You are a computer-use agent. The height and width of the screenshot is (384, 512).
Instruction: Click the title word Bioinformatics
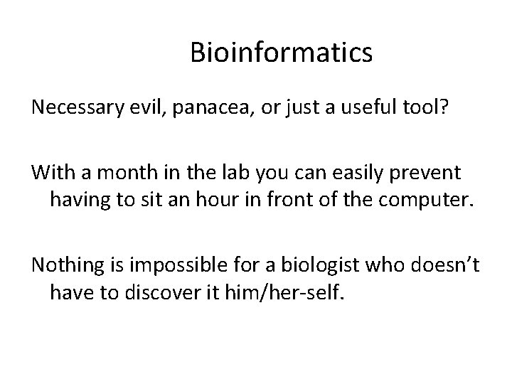[x=281, y=53]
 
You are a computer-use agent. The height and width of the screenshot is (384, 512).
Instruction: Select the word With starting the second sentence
[x=50, y=172]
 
